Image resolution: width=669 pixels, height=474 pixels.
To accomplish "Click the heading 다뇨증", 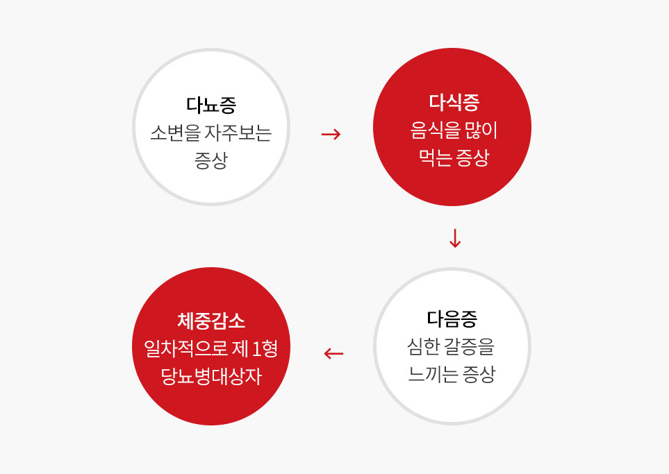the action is click(210, 105).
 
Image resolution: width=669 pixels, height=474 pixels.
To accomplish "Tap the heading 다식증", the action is click(454, 102).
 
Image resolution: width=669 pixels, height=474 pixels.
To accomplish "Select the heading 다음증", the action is click(452, 319).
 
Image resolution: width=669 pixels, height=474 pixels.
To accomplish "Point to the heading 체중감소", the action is click(211, 321).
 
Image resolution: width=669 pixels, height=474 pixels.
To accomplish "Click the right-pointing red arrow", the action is click(331, 134).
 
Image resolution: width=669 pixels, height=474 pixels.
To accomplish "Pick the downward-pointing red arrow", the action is click(455, 238).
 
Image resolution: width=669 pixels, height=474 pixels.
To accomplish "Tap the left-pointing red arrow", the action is click(333, 353).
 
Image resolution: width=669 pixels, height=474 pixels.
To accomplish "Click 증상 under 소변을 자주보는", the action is click(210, 161).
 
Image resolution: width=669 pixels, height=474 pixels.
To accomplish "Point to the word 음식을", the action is click(435, 130).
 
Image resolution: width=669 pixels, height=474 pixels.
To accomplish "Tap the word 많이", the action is click(481, 130).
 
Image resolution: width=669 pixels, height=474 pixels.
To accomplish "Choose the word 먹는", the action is click(435, 158).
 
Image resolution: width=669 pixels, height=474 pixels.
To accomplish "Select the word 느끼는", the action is click(433, 374).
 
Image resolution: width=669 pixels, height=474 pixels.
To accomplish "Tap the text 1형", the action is click(265, 348).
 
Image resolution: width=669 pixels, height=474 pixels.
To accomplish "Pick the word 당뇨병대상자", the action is click(211, 376).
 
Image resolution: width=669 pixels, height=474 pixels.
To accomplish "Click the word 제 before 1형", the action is click(240, 348).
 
